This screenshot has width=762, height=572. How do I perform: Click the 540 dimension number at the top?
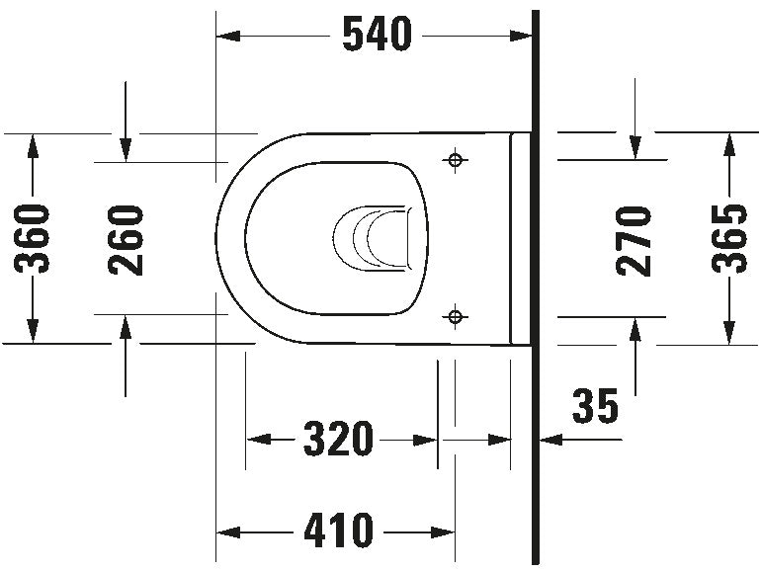376,36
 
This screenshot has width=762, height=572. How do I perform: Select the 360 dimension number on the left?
35,238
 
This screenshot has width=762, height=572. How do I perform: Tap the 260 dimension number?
126,238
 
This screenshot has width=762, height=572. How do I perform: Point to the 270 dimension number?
634,238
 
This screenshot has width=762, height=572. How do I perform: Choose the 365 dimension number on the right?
730,238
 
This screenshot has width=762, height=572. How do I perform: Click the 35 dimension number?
595,406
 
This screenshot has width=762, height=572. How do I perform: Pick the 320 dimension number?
339,439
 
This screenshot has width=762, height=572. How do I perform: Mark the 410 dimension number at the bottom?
339,531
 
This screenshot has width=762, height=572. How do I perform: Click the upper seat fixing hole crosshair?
455,159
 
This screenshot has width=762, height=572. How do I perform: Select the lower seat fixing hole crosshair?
455,316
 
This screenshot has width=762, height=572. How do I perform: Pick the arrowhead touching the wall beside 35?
547,439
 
